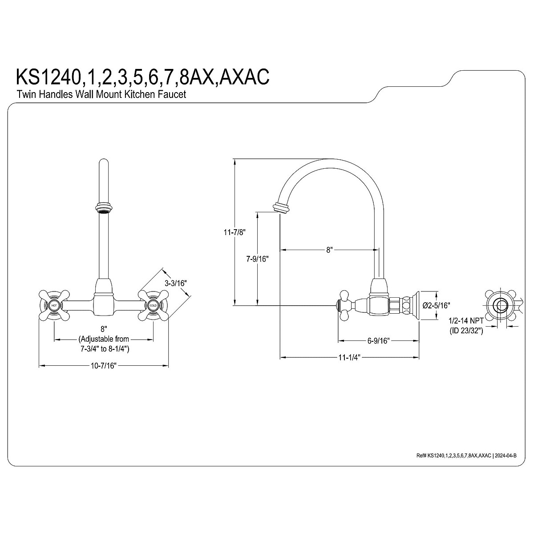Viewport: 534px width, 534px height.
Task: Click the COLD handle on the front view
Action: [x=153, y=306]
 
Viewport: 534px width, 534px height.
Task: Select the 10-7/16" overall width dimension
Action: [x=103, y=366]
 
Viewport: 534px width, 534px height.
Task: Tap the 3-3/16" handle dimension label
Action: [x=175, y=283]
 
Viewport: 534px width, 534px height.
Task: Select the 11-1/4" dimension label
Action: [x=349, y=357]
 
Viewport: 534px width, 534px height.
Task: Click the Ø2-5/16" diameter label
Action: [x=436, y=305]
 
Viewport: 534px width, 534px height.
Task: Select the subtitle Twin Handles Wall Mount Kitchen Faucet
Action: [x=101, y=94]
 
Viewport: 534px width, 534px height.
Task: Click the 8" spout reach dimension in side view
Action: [x=329, y=250]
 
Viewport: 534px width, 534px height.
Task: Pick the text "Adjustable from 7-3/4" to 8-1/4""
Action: [x=103, y=344]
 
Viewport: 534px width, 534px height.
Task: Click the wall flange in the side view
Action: [x=417, y=305]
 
